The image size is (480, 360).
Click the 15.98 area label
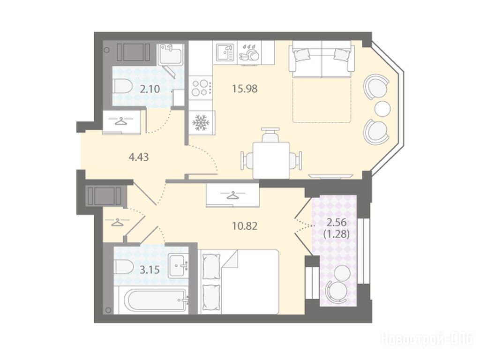pos(245,89)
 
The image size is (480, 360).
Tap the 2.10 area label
pos(150,90)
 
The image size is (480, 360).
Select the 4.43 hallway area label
pos(139,157)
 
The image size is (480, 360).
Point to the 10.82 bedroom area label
pos(245,226)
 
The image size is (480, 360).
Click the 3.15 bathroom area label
pos(150,270)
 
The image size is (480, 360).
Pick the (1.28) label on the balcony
pos(337,234)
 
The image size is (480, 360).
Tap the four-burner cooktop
pos(201,88)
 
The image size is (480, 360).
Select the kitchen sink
pos(225,52)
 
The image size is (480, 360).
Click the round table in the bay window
pos(382,108)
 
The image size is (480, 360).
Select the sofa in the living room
pos(322,59)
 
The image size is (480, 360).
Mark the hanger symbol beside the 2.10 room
pos(121,121)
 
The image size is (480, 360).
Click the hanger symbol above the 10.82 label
pos(233,195)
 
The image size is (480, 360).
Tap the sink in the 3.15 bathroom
pos(178,266)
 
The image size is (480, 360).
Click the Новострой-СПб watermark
pos(427,339)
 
